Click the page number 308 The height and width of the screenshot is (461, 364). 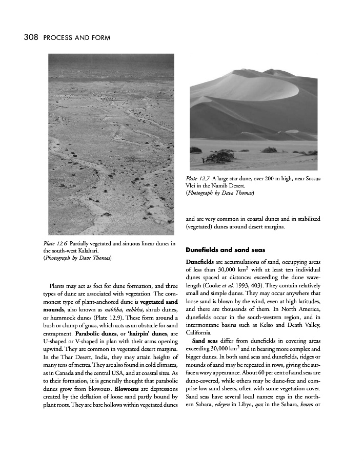29,37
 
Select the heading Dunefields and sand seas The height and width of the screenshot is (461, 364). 225,250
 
